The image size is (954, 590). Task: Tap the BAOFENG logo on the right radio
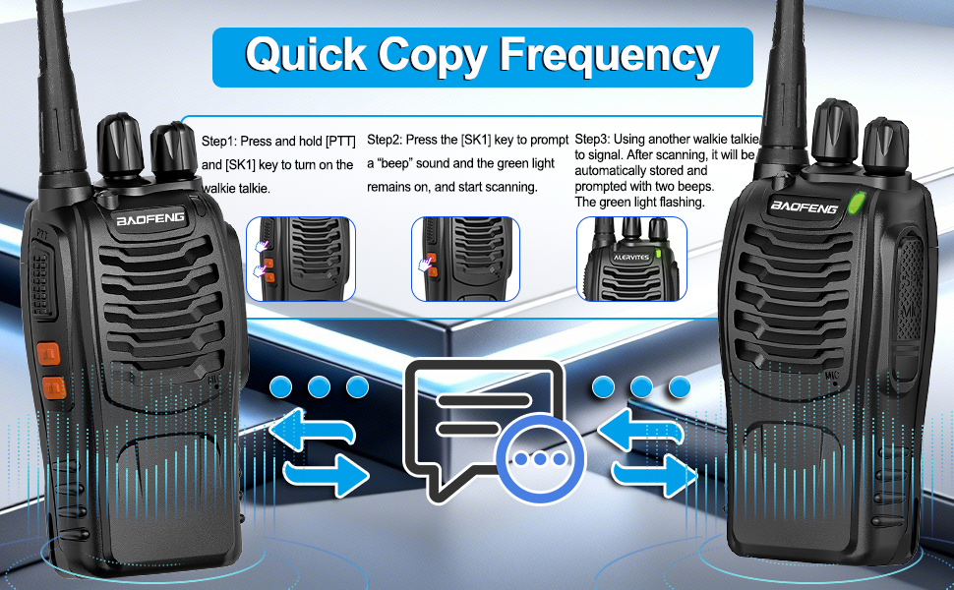click(804, 207)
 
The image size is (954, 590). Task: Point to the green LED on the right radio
click(855, 203)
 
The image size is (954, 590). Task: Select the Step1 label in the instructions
click(218, 142)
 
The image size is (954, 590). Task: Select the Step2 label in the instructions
click(385, 142)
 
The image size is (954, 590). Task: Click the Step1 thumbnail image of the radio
click(300, 259)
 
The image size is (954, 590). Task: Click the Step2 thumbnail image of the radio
click(465, 259)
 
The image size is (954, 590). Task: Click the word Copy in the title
click(434, 55)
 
